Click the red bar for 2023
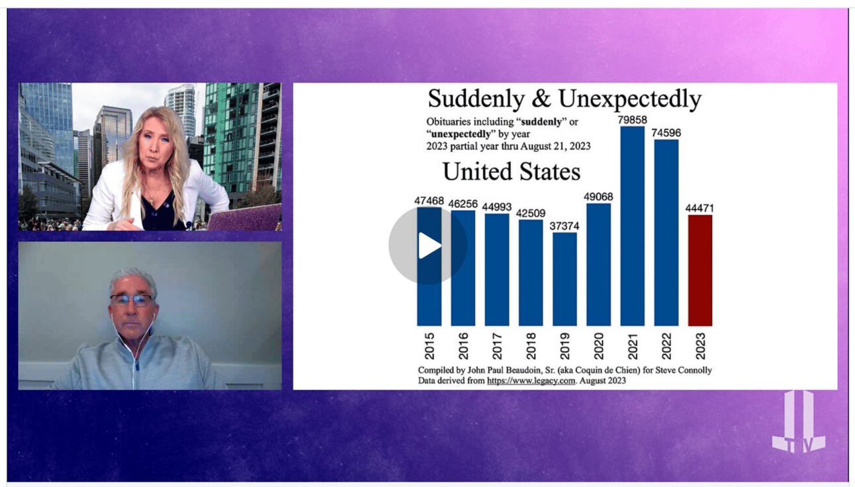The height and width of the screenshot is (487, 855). [700, 270]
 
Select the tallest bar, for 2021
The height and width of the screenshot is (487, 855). [633, 226]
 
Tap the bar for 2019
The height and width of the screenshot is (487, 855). [564, 279]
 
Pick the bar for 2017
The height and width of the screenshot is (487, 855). [497, 270]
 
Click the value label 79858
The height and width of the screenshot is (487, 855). [633, 120]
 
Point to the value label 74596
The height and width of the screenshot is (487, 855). [666, 133]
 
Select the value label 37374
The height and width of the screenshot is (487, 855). [564, 226]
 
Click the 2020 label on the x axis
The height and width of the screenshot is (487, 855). [598, 346]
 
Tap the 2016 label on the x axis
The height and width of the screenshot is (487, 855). [463, 346]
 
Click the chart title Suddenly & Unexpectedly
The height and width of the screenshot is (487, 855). [564, 98]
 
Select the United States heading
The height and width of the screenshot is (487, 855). [512, 171]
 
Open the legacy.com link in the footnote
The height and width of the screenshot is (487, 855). [531, 381]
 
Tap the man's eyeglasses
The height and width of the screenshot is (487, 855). [132, 299]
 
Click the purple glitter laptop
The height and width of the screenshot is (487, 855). [244, 218]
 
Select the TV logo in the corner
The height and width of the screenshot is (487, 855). [799, 423]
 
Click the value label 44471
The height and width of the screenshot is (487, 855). [699, 208]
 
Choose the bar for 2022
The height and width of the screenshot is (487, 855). [666, 233]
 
